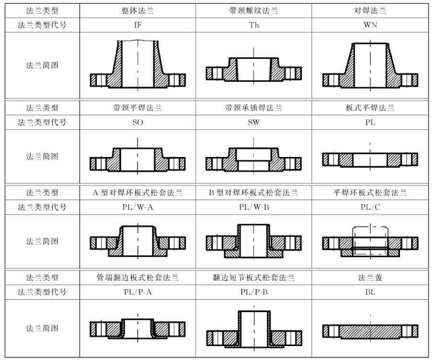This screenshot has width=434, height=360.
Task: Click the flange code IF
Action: click(138, 25)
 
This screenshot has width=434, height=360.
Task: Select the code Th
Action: click(254, 25)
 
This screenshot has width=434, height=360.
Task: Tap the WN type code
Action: click(370, 25)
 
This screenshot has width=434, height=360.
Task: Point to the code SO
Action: click(138, 122)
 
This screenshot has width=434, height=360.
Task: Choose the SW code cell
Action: click(254, 122)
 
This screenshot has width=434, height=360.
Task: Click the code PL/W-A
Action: click(138, 207)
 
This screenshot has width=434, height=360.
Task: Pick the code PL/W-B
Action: click(254, 207)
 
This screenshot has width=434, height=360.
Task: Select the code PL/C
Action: click(370, 207)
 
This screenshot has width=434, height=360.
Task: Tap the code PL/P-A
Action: click(138, 292)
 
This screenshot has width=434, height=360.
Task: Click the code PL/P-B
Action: click(254, 292)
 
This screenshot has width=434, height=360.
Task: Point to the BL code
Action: click(370, 292)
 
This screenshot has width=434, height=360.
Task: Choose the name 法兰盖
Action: click(370, 278)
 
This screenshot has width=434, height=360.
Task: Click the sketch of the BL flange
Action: click(370, 330)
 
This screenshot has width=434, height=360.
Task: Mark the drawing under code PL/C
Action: click(370, 242)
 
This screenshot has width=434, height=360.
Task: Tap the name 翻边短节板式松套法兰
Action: click(254, 278)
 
